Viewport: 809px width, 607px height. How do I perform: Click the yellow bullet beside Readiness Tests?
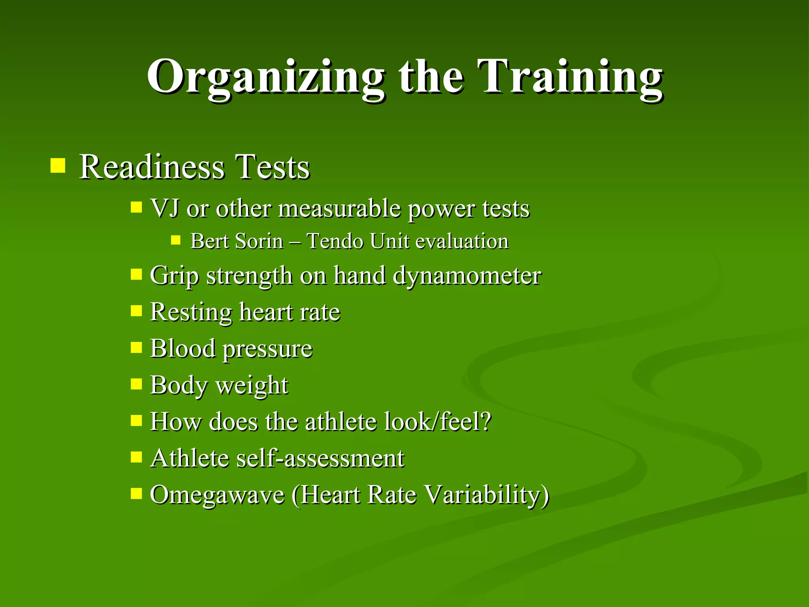[x=58, y=166]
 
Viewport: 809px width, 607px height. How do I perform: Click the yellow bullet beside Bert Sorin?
[x=176, y=240]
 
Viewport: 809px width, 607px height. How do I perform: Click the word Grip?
[x=174, y=275]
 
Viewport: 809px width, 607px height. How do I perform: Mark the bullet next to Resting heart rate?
[x=136, y=311]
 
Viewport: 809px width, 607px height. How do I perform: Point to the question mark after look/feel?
[x=486, y=421]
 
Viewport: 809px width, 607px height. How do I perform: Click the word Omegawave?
[x=217, y=495]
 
